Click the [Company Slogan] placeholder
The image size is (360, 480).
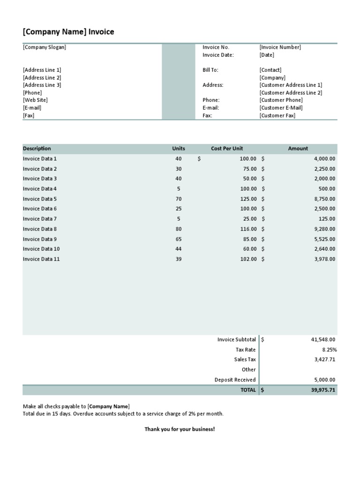point(45,47)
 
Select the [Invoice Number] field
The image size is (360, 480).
point(280,47)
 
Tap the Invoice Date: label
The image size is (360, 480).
point(218,55)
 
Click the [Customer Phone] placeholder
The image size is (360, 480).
point(281,100)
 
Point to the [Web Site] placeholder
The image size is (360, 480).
point(35,100)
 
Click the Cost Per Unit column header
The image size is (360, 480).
point(227,149)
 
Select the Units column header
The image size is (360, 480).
point(179,149)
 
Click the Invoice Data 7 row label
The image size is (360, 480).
point(40,219)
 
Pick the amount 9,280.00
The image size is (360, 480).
point(324,229)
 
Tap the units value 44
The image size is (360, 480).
point(179,249)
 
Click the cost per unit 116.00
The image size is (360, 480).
point(248,229)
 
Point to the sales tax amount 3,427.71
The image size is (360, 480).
point(324,360)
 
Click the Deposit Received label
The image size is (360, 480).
point(235,380)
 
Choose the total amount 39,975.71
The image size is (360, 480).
point(323,390)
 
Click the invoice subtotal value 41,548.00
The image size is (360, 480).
point(323,339)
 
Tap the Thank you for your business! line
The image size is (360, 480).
point(180,429)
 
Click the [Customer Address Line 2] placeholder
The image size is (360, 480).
point(291,93)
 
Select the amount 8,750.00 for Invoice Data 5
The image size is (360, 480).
point(324,199)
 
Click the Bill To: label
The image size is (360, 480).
point(210,70)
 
